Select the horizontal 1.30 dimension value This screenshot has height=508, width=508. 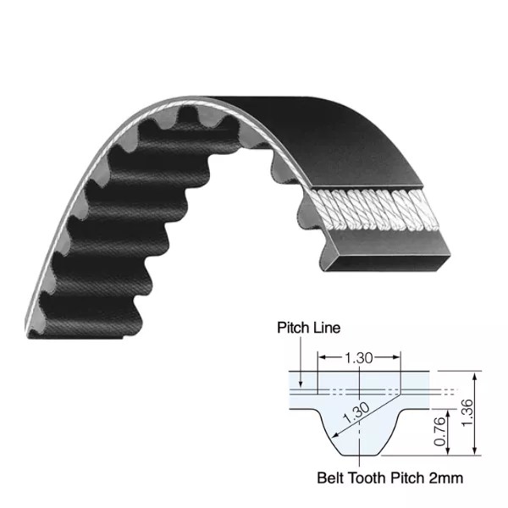click(x=359, y=359)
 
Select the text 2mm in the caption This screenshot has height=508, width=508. click(x=448, y=479)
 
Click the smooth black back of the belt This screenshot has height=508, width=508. click(x=279, y=119)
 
